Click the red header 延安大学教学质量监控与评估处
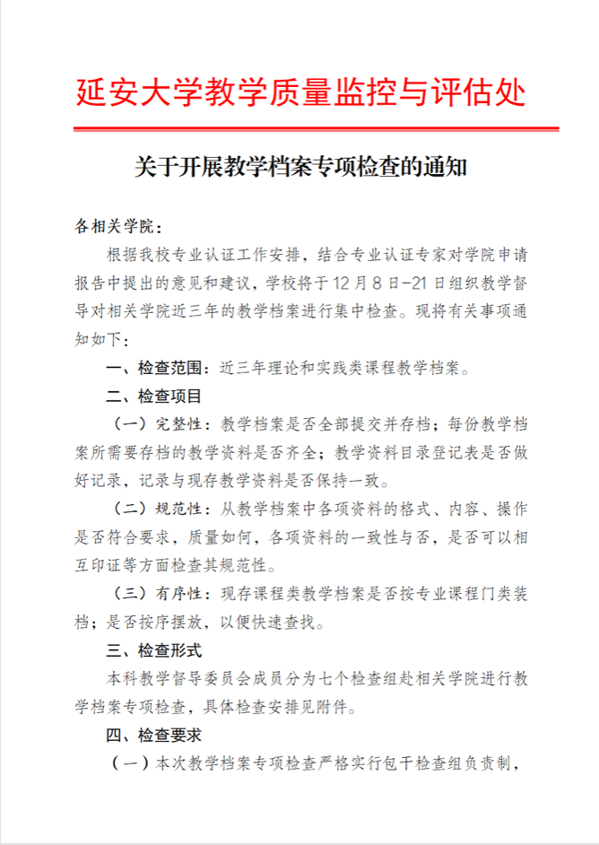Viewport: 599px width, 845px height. [299, 93]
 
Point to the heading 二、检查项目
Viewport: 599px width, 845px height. [153, 395]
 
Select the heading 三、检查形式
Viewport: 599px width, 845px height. [153, 649]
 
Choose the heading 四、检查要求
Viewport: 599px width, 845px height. [153, 735]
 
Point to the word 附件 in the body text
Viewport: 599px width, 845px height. [333, 707]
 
